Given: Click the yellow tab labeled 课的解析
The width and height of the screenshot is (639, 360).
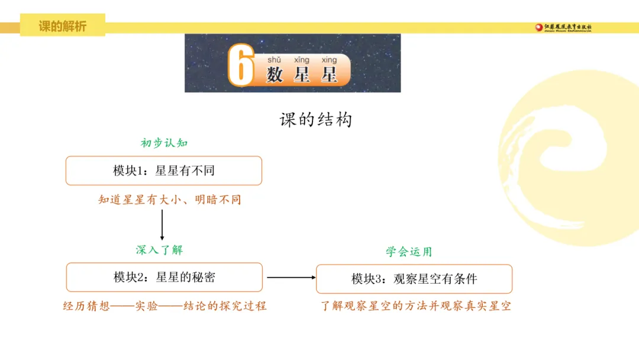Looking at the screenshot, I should tap(63, 26).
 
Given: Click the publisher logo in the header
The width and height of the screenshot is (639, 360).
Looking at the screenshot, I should tap(563, 27).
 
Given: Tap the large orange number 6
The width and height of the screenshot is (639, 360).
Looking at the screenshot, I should tap(241, 66).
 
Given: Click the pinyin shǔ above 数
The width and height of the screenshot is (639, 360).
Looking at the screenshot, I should tap(274, 60).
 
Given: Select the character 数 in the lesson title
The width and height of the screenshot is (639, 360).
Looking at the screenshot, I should tap(275, 75).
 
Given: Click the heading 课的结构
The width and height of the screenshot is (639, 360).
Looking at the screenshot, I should tap(315, 120).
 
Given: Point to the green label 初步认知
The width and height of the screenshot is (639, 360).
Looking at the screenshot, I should tap(164, 143).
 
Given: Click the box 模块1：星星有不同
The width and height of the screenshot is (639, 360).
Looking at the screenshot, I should tap(163, 171).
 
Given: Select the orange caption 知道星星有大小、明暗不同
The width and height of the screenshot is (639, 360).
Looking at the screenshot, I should tap(170, 200).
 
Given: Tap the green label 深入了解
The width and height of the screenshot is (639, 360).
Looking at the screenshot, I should tap(159, 250).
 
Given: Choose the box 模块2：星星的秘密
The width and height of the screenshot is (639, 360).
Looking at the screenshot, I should tap(164, 277).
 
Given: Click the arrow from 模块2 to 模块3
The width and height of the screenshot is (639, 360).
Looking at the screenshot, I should tap(291, 277).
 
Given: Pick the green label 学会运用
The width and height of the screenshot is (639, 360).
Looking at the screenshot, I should tap(409, 252).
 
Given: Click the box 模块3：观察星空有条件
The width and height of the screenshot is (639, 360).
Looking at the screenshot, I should tap(414, 279).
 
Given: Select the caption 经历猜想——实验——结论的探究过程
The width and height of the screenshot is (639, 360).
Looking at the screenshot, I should tap(165, 306).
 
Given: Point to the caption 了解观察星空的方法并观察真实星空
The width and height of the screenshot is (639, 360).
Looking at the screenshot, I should tap(415, 306).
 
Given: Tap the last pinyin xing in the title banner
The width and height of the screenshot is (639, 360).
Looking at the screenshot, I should tap(329, 60).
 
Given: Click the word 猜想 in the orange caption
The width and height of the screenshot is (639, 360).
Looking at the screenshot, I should tap(98, 306).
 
